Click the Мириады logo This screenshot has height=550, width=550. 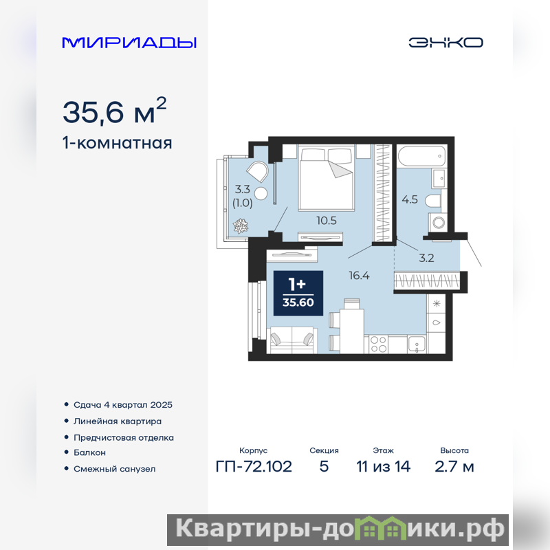coord(129,43)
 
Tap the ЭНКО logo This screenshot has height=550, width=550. coord(445,43)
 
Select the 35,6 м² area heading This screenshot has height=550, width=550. coord(114,111)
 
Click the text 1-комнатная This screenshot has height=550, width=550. coord(117,143)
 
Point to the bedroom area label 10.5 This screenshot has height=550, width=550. coord(326,221)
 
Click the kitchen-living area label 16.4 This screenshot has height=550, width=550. coord(359,276)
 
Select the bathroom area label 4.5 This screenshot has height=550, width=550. coord(410,199)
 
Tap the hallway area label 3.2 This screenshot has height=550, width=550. coord(426,258)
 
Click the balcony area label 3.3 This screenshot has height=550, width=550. coord(243,190)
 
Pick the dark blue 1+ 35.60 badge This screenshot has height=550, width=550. coord(298,294)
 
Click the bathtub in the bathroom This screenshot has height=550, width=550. coord(421,157)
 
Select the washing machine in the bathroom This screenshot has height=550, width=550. coord(438,222)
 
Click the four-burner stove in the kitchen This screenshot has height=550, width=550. coord(378,344)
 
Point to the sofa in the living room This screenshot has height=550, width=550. coord(292,340)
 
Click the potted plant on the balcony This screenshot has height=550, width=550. coord(241,226)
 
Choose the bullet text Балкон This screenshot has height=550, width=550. coord(89,452)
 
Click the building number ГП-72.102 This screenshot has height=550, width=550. coord(254,467)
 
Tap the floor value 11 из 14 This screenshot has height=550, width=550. coord(384,467)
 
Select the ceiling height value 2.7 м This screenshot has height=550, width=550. coord(454,467)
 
